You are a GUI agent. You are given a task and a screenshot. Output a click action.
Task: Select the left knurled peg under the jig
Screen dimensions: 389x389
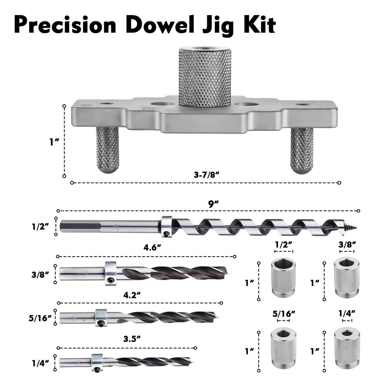pyautogui.click(x=107, y=149)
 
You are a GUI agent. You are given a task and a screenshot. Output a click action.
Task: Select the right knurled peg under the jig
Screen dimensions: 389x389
pyautogui.click(x=301, y=149)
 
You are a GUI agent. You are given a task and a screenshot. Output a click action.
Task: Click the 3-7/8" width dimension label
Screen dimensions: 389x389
pyautogui.click(x=204, y=174)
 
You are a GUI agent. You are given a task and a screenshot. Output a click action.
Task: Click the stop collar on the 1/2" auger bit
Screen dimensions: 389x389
pyautogui.click(x=167, y=226)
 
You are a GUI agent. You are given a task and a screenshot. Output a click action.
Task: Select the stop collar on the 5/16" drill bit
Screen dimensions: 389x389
pyautogui.click(x=101, y=317)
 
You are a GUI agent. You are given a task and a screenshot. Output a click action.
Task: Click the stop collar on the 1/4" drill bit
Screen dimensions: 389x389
pyautogui.click(x=97, y=362)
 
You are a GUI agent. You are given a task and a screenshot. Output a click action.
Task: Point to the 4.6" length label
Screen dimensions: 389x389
pyautogui.click(x=152, y=248)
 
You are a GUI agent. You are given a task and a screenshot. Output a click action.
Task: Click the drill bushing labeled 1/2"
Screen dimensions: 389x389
pyautogui.click(x=283, y=277)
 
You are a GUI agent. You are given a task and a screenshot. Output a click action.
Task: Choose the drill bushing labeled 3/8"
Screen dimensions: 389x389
pyautogui.click(x=346, y=276)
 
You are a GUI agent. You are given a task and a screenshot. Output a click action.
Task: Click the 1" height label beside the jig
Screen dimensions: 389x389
pyautogui.click(x=54, y=141)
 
